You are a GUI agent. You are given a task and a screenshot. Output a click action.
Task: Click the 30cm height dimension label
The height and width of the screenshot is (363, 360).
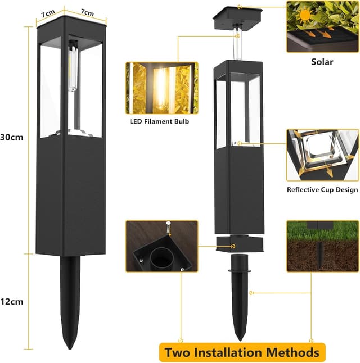[11, 137]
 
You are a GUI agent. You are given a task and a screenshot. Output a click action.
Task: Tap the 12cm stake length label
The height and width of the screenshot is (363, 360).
[11, 302]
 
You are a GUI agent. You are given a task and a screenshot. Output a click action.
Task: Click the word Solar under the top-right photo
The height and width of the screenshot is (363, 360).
[322, 62]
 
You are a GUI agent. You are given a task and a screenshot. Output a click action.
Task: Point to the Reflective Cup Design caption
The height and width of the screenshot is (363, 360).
[322, 190]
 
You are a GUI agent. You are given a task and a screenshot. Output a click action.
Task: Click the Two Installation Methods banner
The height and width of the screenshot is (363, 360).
[242, 352]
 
